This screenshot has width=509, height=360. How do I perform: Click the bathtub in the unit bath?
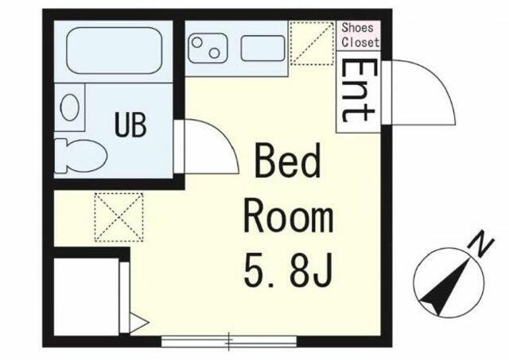114,50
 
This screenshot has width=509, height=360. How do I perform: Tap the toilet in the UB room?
80,156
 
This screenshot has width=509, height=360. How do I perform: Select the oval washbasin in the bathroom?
70,107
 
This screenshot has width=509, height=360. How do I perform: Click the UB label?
130,124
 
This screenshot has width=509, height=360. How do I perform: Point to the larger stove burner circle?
197,42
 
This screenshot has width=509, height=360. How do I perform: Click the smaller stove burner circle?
214,53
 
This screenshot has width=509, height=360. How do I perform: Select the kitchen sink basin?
262,48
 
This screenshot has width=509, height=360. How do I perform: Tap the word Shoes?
357,28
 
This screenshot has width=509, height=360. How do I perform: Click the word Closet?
360,42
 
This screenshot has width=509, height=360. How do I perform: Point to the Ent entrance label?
359,91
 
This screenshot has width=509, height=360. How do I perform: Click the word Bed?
288,161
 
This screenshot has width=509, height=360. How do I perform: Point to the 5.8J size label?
288,272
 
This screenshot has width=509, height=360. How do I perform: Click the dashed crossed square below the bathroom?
119,217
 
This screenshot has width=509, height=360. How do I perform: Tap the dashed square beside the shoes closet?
312,43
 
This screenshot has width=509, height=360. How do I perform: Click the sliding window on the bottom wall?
229,341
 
